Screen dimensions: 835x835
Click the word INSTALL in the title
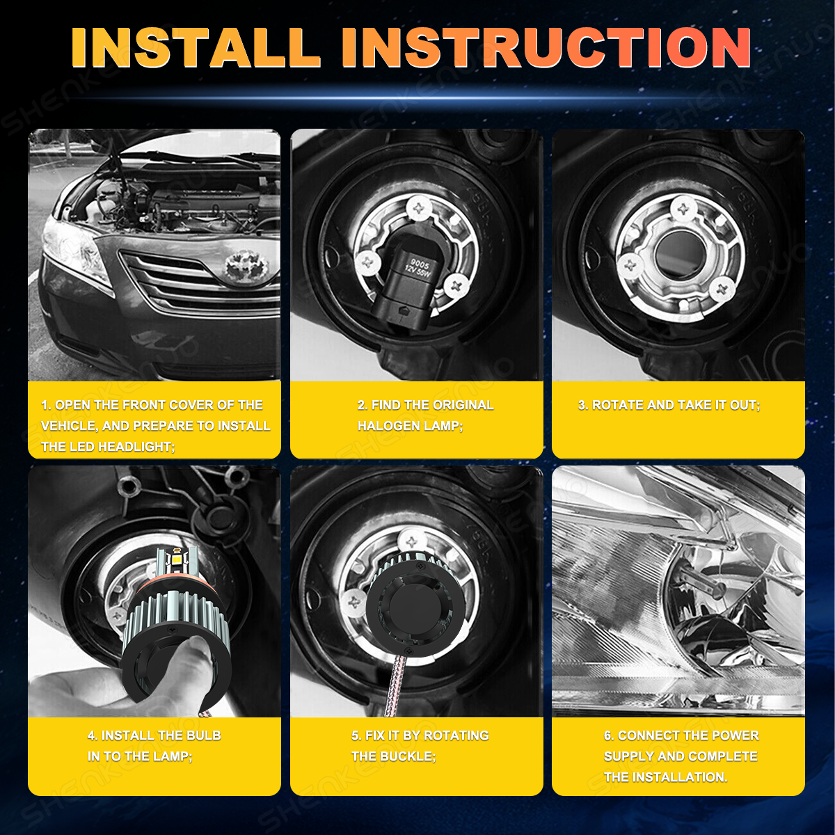tap(195, 48)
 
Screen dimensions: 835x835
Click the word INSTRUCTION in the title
tap(546, 48)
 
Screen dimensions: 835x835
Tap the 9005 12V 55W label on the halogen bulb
tap(418, 269)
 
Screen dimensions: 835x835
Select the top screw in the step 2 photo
tap(420, 209)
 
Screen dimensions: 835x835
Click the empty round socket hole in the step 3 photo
tap(676, 255)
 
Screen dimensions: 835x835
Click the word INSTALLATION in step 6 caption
tap(680, 777)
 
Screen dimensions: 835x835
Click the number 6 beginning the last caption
tap(607, 735)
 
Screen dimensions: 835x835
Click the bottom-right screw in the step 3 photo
tap(722, 289)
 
